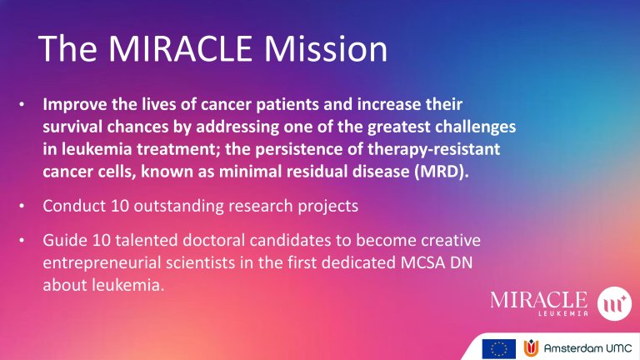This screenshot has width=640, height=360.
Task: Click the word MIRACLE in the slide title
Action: pyautogui.click(x=180, y=48)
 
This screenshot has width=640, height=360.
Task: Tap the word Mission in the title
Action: pyautogui.click(x=325, y=48)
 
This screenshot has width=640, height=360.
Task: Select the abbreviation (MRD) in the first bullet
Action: pyautogui.click(x=442, y=172)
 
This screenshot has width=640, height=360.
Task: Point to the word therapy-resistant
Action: pyautogui.click(x=434, y=149)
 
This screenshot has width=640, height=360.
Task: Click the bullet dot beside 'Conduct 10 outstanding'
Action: pyautogui.click(x=22, y=206)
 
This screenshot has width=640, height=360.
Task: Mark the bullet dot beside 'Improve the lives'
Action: pyautogui.click(x=22, y=104)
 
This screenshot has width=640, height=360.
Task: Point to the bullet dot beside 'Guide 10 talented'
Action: pyautogui.click(x=22, y=240)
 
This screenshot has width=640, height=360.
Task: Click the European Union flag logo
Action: pyautogui.click(x=499, y=349)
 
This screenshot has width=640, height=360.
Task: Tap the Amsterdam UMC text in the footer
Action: pyautogui.click(x=587, y=348)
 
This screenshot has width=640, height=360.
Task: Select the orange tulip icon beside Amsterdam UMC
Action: pyautogui.click(x=531, y=348)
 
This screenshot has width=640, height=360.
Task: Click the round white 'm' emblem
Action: pyautogui.click(x=614, y=303)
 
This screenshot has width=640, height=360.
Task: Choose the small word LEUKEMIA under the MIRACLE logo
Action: pyautogui.click(x=563, y=313)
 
